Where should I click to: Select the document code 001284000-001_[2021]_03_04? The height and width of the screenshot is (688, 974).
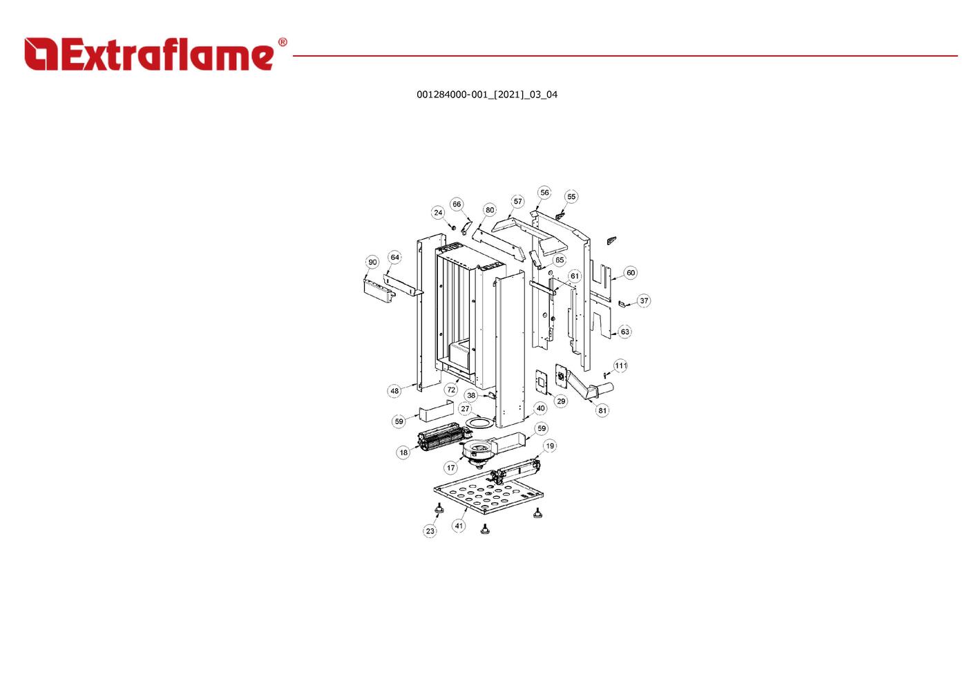click(486, 95)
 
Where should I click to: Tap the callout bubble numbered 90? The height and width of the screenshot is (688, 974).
click(372, 262)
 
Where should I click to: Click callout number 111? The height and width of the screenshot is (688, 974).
click(620, 365)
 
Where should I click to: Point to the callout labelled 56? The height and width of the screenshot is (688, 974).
click(544, 193)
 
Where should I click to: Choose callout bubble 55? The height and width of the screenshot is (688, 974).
click(571, 197)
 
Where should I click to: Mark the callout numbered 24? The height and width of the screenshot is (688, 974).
click(438, 213)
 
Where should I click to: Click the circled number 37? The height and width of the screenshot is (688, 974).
click(644, 301)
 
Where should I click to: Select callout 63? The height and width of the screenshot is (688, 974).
click(624, 332)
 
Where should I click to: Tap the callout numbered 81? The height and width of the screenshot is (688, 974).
click(602, 410)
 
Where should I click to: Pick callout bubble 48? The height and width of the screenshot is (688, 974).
click(394, 391)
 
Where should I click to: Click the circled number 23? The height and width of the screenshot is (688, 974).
click(430, 531)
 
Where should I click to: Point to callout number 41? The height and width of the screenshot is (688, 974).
click(459, 526)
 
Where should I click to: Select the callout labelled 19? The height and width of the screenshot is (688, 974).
click(550, 446)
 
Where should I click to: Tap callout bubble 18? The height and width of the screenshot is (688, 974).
click(403, 453)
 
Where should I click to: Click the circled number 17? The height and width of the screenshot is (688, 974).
click(450, 468)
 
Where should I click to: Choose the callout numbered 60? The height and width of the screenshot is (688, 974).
click(631, 273)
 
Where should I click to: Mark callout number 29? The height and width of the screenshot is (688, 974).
click(561, 401)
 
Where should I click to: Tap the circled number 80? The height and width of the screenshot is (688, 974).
click(490, 211)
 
